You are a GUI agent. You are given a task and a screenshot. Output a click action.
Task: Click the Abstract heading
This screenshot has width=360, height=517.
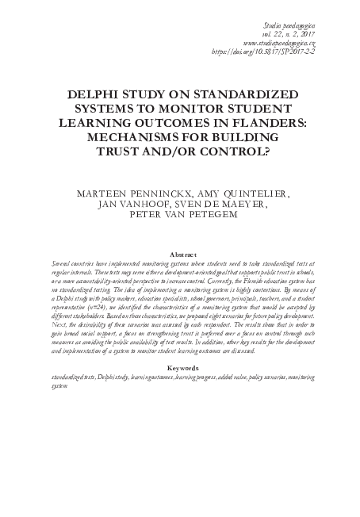[180, 255]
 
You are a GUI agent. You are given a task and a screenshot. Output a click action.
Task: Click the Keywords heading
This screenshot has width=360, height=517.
[180, 369]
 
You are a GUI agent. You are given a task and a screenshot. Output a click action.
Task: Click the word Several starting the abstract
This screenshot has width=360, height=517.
[63, 264]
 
